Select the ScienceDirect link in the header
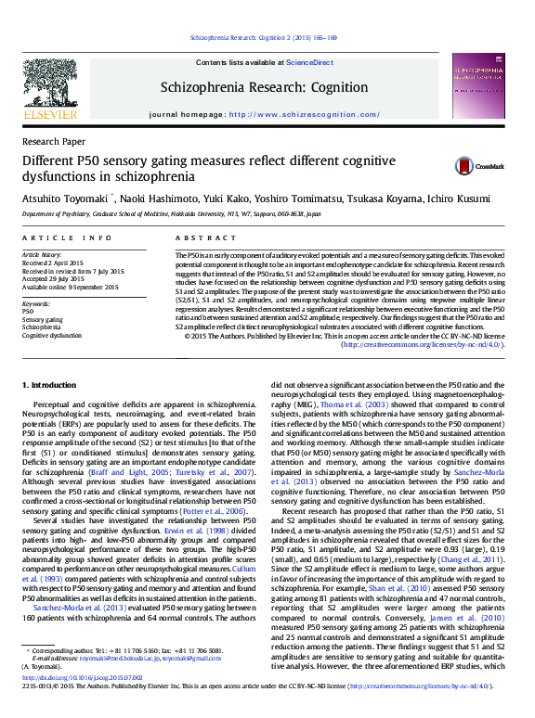[x=310, y=62]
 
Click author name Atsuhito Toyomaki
[x=64, y=198]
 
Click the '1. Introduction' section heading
[x=50, y=383]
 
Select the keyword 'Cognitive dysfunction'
[x=52, y=335]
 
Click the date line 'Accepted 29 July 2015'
[x=59, y=278]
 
